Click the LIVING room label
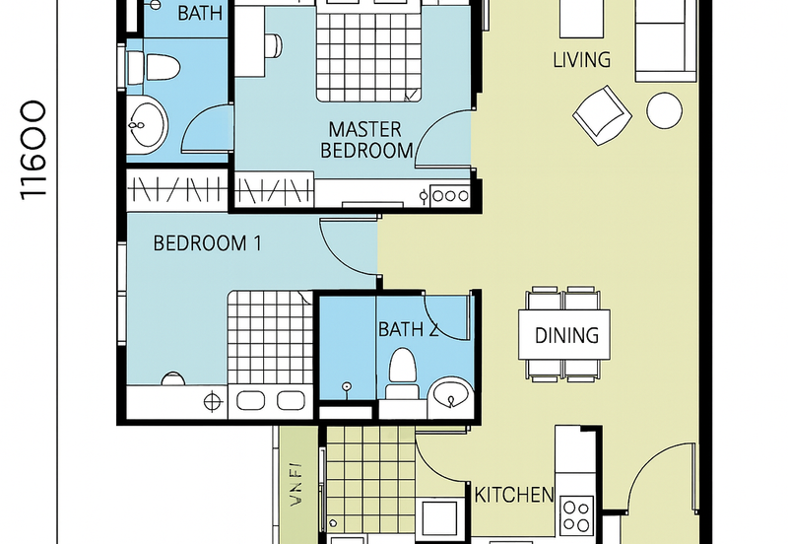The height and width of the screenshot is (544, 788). [581, 60]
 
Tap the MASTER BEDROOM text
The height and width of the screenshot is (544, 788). [365, 140]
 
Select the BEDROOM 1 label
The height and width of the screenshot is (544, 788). [206, 242]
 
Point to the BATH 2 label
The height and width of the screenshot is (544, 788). [408, 329]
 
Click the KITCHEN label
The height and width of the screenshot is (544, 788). [513, 494]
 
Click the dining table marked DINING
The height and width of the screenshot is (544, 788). [566, 335]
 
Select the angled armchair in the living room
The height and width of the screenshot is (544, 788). [602, 112]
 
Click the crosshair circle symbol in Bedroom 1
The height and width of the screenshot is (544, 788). [211, 401]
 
